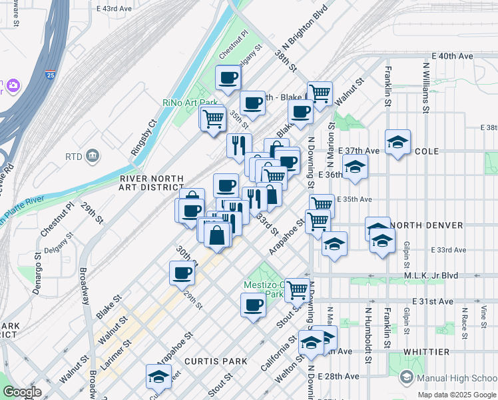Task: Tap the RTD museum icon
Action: (93, 157)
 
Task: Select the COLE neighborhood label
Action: (427, 151)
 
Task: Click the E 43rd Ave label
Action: (114, 9)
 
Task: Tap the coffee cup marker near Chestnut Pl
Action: (228, 77)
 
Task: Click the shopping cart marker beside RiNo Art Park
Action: (212, 119)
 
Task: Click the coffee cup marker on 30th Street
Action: (182, 272)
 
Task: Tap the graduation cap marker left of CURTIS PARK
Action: (159, 376)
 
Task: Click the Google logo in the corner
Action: (21, 392)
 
